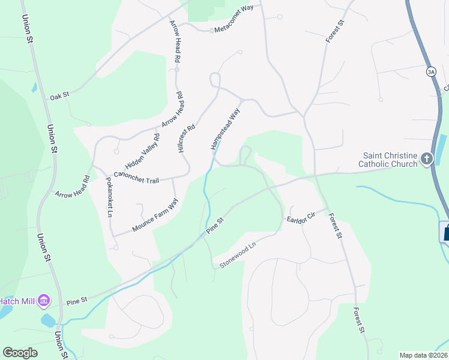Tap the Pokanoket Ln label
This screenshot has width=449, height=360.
(x=109, y=197)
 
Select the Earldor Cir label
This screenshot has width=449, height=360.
(x=301, y=217)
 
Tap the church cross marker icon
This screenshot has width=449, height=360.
(x=426, y=159)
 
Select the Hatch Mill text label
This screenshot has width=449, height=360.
(x=17, y=301)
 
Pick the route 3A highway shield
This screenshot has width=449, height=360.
(x=430, y=71)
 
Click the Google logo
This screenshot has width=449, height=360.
(x=20, y=353)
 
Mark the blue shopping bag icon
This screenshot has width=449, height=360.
(x=445, y=232)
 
